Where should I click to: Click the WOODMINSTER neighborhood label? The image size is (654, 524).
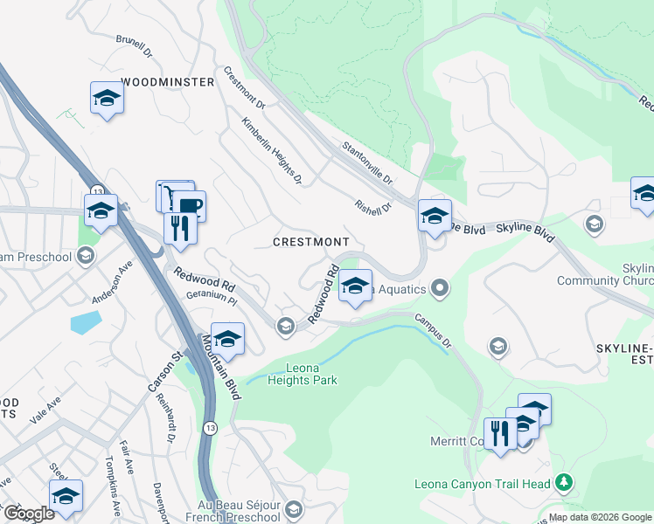tap(168, 82)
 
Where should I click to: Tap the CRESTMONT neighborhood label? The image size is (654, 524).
tap(310, 241)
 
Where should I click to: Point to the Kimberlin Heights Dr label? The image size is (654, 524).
tap(272, 151)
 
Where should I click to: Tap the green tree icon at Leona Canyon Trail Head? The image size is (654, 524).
tap(564, 481)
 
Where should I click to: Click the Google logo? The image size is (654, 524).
tap(30, 513)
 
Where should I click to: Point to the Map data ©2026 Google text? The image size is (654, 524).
tap(600, 517)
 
